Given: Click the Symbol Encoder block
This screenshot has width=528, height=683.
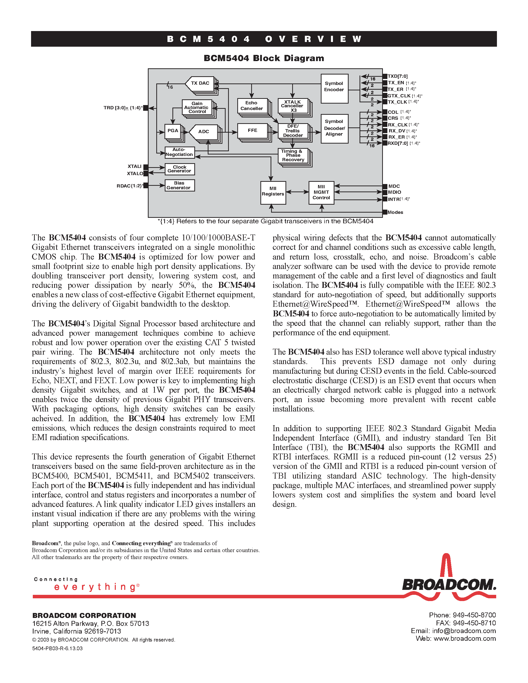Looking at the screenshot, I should point(334,88).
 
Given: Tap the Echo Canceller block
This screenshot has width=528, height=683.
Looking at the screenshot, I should point(252,106).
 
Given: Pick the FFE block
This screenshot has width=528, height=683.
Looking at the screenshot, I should point(252,130).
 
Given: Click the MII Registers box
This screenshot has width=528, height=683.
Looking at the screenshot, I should point(273,192).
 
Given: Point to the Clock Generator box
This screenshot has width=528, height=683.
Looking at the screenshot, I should point(180,169).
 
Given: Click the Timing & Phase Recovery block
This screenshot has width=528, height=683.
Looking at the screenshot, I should point(293,155).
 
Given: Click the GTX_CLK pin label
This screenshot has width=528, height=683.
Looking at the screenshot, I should point(399,96).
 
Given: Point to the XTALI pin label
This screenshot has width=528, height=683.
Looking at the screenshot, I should point(134,166).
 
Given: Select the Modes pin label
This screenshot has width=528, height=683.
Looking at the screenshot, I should point(395,212).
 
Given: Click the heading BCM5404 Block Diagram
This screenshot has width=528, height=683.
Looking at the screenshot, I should point(264,58).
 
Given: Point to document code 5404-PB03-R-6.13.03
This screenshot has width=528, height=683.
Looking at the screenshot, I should point(57,648).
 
